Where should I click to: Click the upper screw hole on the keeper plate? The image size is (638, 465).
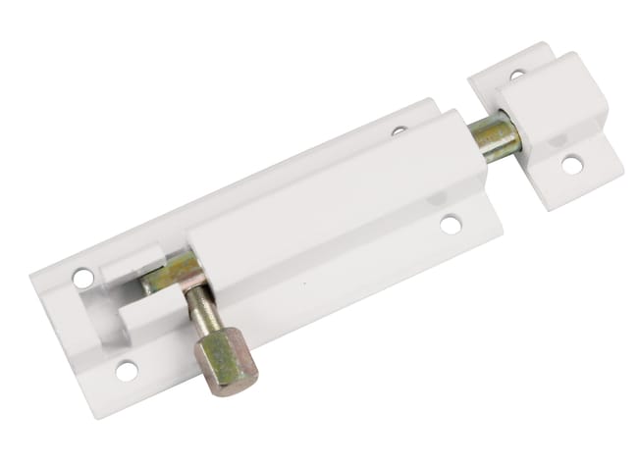point(517,74)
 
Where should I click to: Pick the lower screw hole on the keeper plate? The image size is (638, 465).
point(572,165)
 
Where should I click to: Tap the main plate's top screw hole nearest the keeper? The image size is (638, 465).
point(399,129)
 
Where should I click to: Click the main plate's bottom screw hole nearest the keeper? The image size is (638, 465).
point(451,225)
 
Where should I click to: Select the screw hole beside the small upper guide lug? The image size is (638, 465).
point(83,279)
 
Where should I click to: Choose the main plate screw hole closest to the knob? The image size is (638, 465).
point(127,371)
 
